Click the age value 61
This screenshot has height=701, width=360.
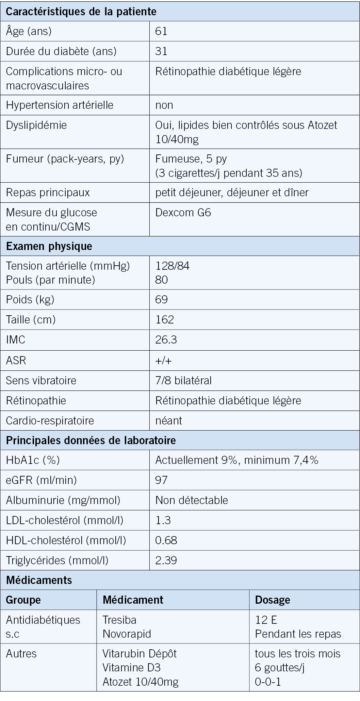161,31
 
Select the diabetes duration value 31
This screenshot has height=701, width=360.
161,51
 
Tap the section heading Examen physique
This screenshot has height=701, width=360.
49,246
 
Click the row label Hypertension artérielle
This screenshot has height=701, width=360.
60,105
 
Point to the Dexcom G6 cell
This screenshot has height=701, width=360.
183,213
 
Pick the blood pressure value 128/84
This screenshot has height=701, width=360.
172,266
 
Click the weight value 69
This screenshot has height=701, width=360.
161,299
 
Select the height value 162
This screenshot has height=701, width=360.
164,319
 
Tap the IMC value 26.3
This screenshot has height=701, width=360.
166,340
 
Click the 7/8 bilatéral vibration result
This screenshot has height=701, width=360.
183,380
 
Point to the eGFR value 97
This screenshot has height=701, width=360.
161,480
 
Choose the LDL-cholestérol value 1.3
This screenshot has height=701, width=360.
163,520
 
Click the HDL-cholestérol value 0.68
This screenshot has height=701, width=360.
166,540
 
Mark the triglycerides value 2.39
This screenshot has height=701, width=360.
166,560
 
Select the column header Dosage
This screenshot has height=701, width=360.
273,600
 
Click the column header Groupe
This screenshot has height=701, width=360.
23,600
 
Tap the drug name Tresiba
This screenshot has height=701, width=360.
119,620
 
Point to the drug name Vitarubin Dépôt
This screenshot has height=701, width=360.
140,653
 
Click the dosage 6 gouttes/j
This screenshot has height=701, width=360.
279,667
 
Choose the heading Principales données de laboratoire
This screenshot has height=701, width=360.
91,440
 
